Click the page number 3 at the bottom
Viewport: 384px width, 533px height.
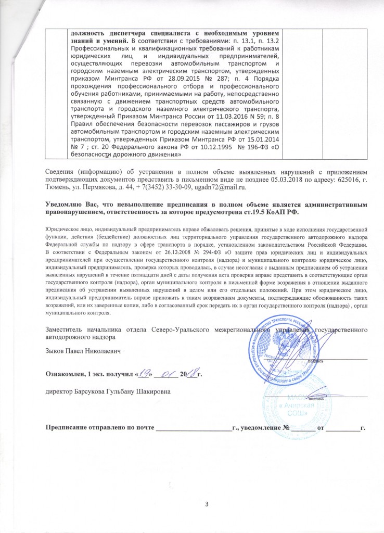coord(192,504)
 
